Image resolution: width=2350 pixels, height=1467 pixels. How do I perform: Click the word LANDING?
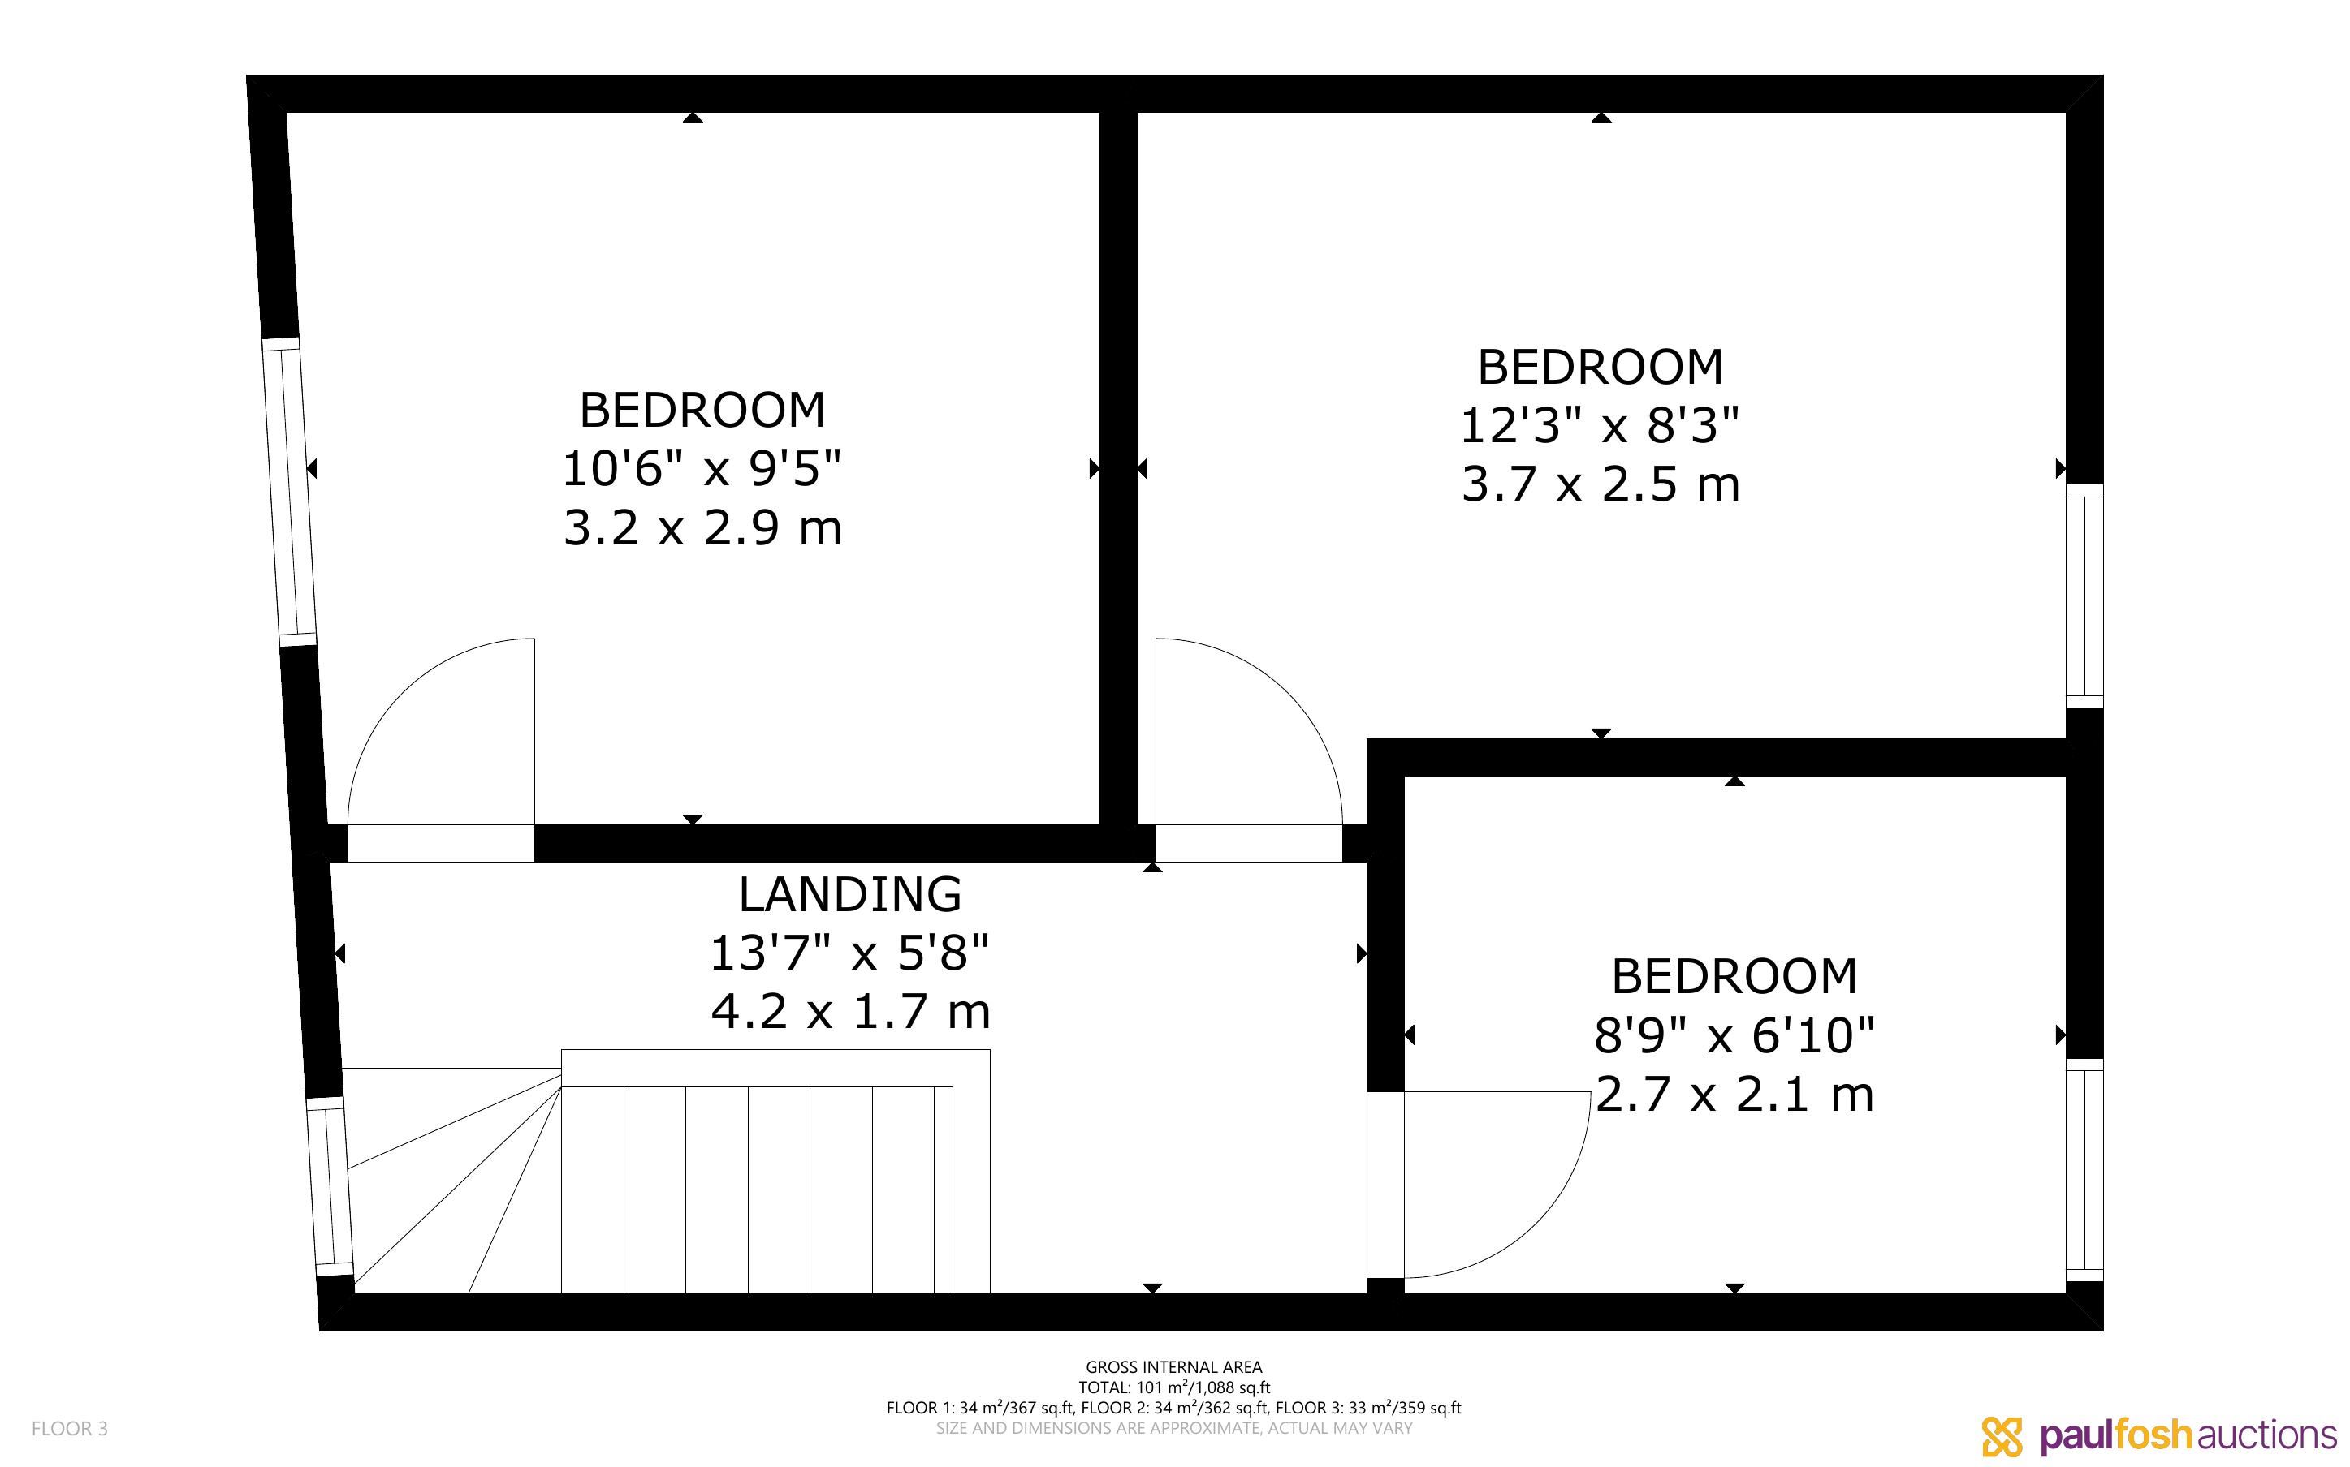click(849, 894)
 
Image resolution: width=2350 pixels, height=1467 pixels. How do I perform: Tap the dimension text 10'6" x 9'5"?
click(702, 469)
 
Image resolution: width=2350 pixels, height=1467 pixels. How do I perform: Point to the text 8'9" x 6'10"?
click(1734, 1035)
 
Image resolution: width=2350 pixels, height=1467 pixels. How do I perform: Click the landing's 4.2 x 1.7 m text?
click(850, 1012)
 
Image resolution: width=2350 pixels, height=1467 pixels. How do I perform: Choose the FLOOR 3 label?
click(70, 1428)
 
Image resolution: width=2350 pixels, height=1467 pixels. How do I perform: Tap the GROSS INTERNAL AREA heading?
click(1173, 1367)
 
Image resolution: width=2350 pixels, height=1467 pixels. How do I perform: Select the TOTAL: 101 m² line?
click(1173, 1387)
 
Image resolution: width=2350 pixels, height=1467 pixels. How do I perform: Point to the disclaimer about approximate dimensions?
click(1173, 1428)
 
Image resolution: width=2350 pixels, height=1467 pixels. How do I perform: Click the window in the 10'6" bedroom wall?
click(289, 492)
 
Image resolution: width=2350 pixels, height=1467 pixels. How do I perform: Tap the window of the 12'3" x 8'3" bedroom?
click(2084, 596)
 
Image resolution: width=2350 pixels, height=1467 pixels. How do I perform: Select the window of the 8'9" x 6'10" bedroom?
click(2084, 1170)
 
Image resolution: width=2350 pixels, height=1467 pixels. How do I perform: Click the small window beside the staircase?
click(330, 1185)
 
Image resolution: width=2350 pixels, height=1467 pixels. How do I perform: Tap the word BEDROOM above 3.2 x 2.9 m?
click(702, 411)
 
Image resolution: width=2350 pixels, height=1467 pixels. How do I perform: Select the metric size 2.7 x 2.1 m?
click(1734, 1095)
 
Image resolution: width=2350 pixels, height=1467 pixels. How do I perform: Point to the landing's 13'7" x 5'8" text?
click(849, 953)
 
